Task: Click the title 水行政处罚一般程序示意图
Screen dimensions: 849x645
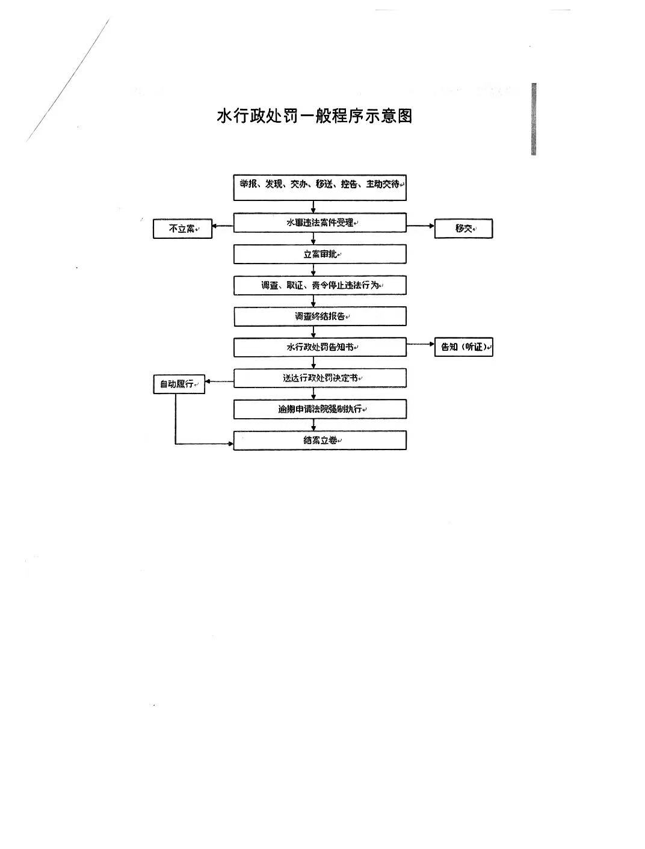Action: click(315, 116)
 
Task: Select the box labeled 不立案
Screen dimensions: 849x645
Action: click(182, 229)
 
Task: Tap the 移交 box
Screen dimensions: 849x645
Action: click(463, 229)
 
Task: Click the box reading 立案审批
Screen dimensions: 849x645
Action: click(319, 254)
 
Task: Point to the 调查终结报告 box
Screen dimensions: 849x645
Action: click(319, 316)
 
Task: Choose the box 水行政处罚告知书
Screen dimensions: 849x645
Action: click(319, 347)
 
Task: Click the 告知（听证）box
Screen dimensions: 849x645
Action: click(463, 347)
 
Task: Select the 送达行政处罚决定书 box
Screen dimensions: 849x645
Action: click(319, 378)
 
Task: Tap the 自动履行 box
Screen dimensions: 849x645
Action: click(179, 384)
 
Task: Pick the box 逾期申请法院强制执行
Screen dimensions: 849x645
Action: click(319, 409)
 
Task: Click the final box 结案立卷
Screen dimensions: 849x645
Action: click(319, 440)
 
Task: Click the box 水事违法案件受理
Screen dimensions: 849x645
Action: click(319, 223)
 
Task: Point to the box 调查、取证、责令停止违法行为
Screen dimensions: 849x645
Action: click(319, 285)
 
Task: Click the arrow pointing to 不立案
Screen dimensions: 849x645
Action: click(223, 227)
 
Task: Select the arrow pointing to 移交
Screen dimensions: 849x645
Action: click(420, 227)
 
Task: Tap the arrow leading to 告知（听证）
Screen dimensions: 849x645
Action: click(420, 345)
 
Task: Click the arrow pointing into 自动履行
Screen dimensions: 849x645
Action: click(219, 381)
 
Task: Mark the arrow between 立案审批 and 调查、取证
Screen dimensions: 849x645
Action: click(313, 270)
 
